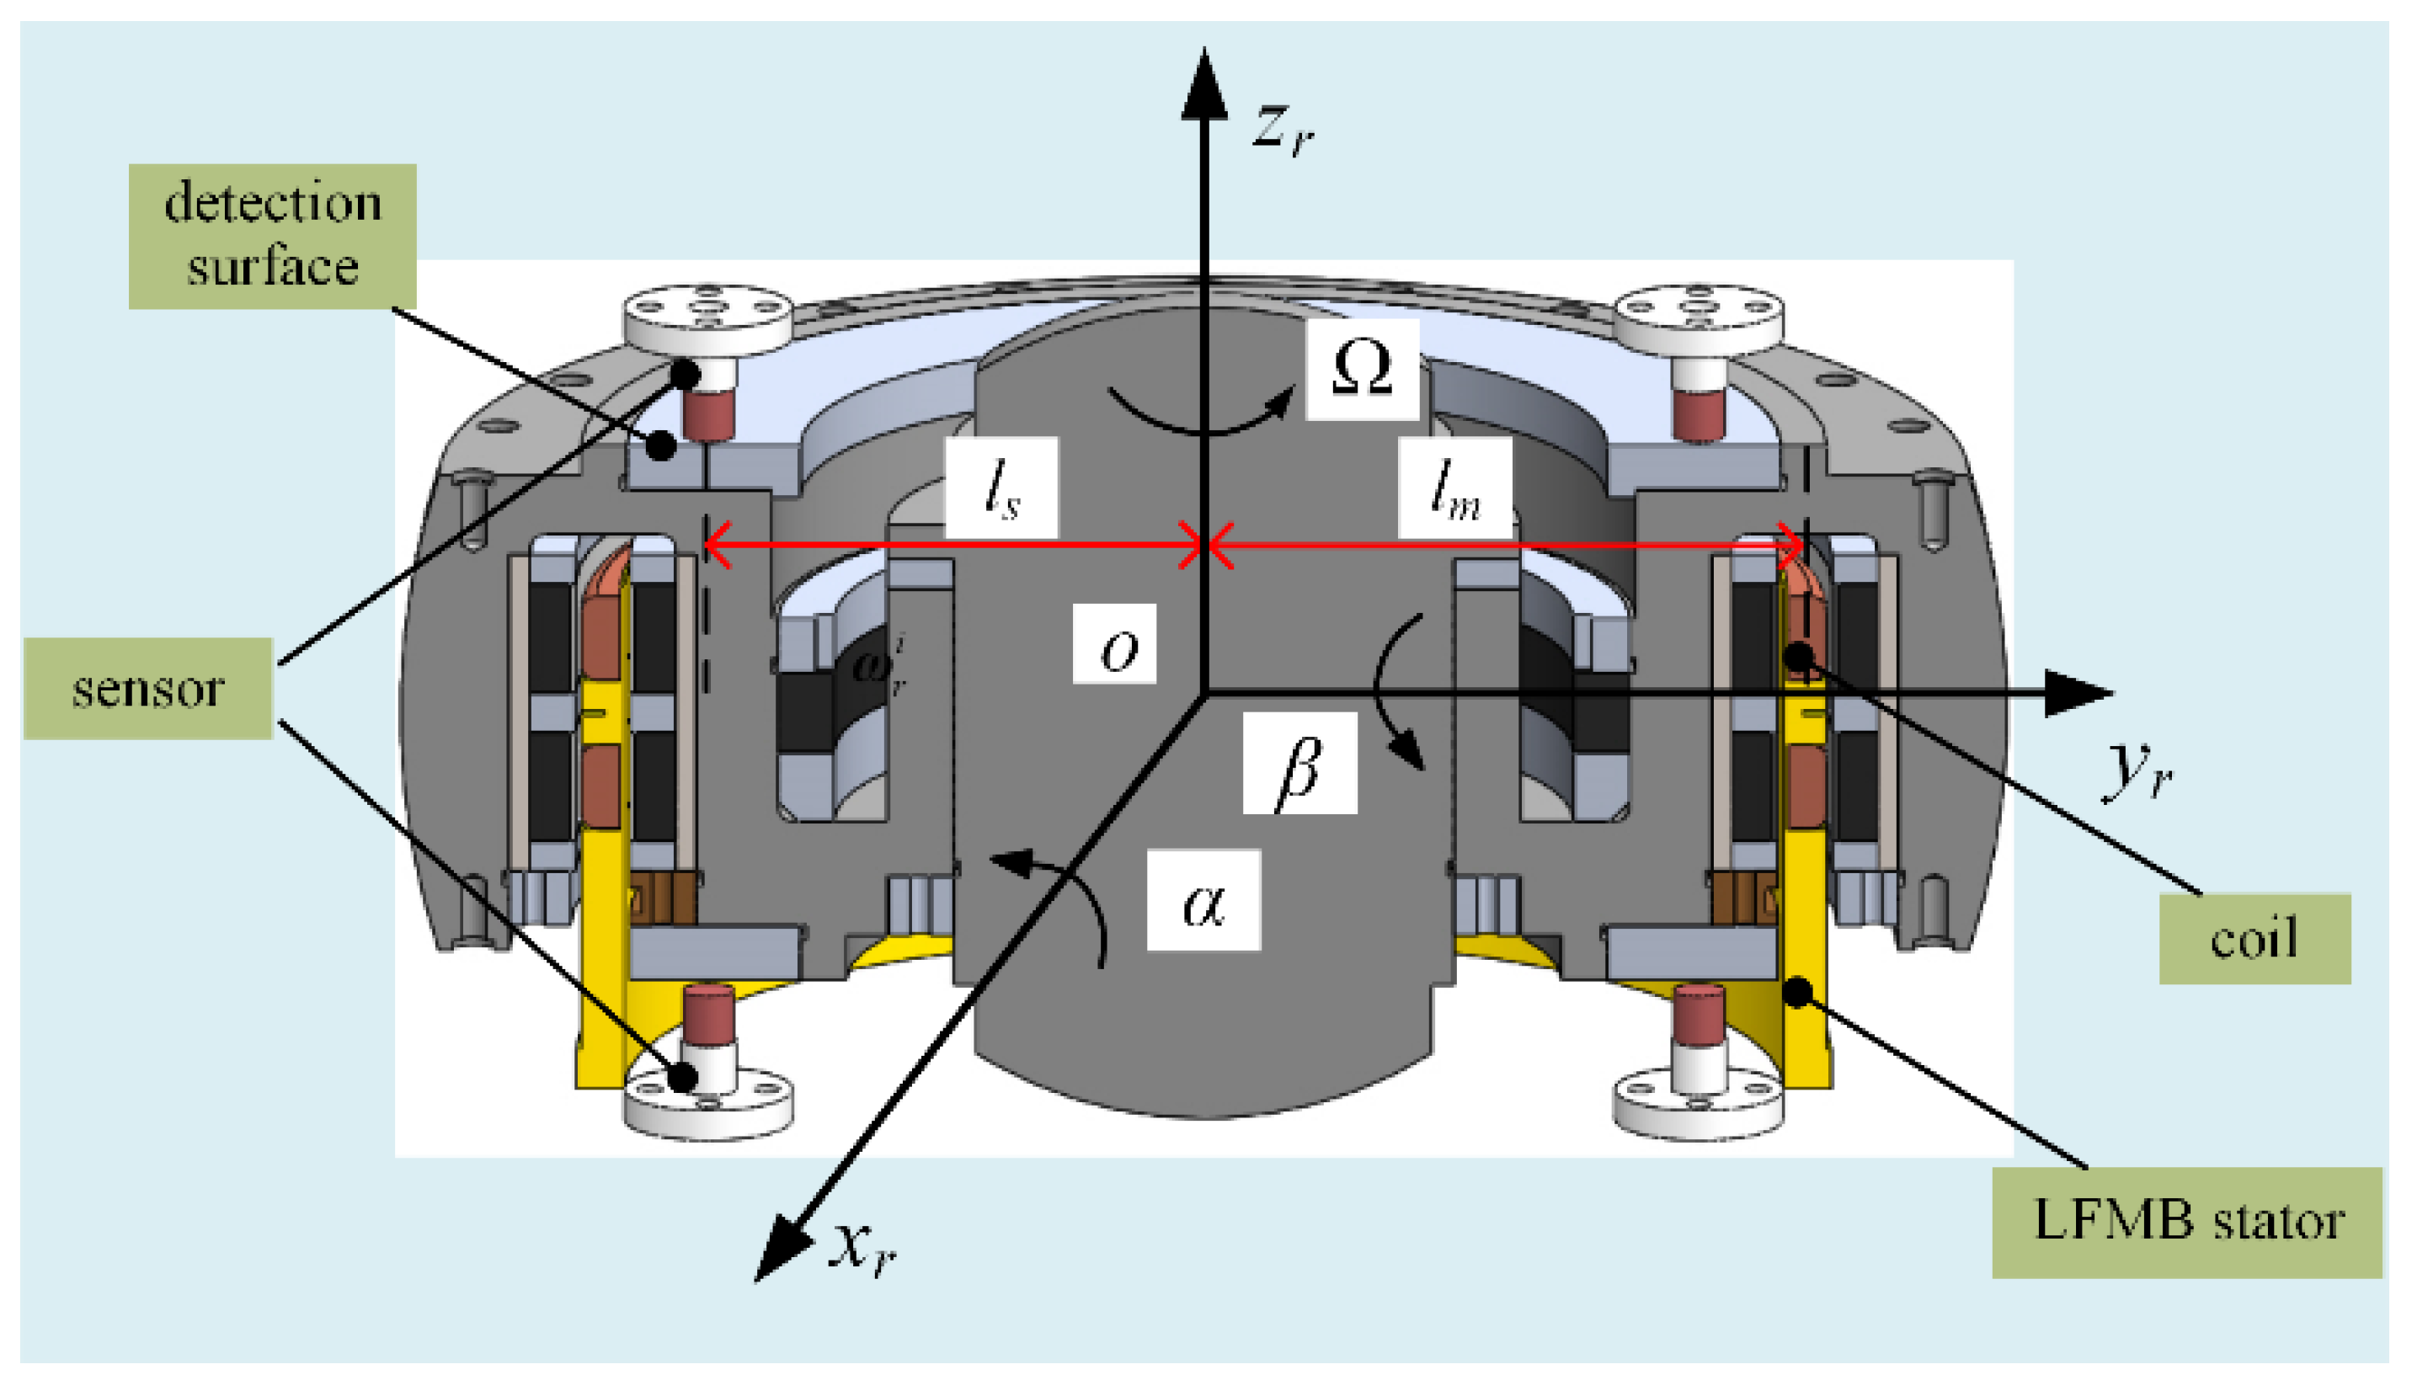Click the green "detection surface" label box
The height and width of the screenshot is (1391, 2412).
(272, 236)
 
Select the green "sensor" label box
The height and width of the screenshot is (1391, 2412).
(148, 689)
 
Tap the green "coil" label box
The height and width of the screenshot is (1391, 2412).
(2255, 939)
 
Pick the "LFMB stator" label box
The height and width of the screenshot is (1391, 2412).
(2186, 1222)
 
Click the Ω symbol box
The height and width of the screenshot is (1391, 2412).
(1362, 369)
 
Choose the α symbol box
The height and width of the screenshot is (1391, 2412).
(1203, 900)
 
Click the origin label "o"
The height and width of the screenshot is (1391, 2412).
(1115, 644)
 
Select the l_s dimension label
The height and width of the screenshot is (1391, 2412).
(1001, 488)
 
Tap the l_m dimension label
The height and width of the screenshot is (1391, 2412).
(1454, 488)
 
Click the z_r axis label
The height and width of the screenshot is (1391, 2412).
(1283, 128)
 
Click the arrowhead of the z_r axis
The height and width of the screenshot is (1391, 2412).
(1204, 86)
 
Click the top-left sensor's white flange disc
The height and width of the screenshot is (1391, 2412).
(707, 312)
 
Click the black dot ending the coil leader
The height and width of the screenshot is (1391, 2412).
(1800, 656)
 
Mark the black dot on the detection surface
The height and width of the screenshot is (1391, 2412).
(661, 445)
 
